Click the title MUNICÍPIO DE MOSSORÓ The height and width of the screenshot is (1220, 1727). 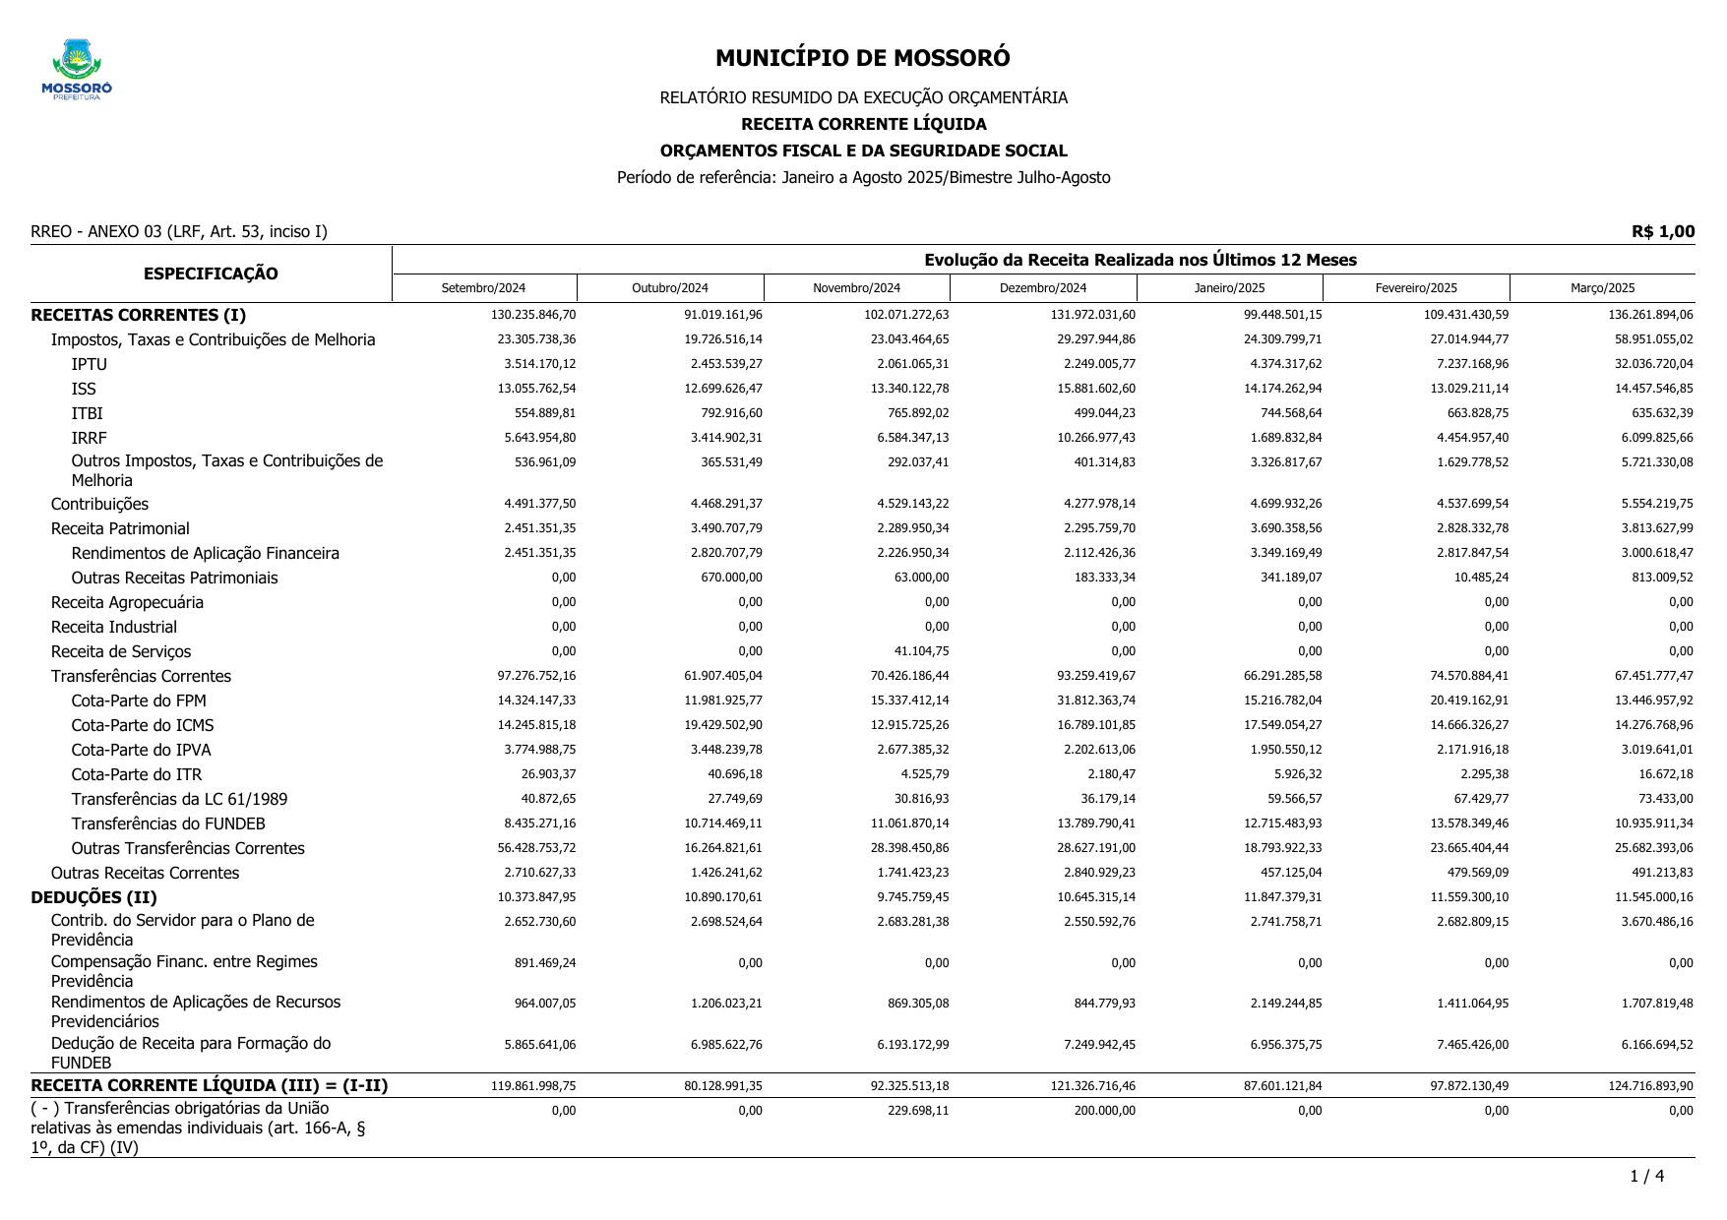click(862, 58)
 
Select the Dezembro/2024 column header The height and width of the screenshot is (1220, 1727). click(1043, 288)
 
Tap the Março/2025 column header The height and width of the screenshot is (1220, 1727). click(1602, 288)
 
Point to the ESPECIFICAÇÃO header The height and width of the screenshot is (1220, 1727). click(211, 274)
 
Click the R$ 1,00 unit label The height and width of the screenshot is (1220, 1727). click(1663, 231)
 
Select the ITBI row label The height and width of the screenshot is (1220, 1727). click(87, 413)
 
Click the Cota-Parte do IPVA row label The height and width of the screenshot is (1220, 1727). click(141, 750)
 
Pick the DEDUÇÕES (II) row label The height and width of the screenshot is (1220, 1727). click(93, 897)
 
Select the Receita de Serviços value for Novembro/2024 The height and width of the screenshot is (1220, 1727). click(915, 651)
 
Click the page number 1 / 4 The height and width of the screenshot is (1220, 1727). click(1646, 1176)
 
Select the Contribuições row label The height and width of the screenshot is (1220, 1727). click(99, 504)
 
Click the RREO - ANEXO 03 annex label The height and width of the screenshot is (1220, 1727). click(178, 232)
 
